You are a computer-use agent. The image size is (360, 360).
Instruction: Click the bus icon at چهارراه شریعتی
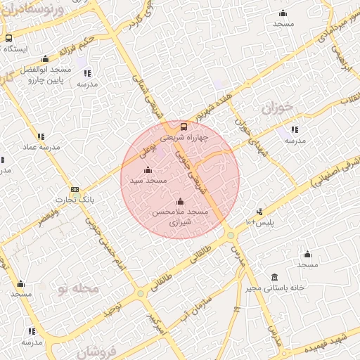[x=184, y=127]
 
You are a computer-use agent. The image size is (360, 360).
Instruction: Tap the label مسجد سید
[x=148, y=181]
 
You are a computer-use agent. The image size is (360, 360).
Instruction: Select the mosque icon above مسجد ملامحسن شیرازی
[x=181, y=201]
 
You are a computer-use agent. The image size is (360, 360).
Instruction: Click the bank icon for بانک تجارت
[x=75, y=190]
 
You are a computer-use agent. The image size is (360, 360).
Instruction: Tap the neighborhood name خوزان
[x=276, y=108]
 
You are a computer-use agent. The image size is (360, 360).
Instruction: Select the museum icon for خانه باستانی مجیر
[x=274, y=277]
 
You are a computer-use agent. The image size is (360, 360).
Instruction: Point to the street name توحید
[x=110, y=309]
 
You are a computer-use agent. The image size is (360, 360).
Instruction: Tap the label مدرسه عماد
[x=40, y=148]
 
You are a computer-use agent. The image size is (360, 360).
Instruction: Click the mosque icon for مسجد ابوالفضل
[x=46, y=59]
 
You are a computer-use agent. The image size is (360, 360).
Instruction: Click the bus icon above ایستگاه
[x=8, y=39]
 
